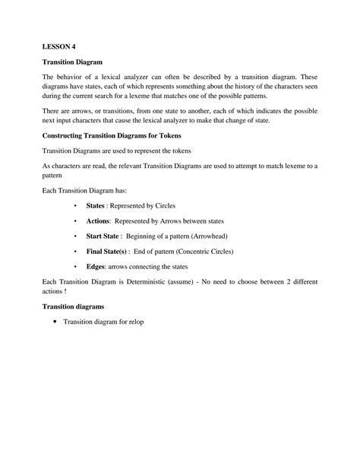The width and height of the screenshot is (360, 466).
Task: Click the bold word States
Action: coord(94,204)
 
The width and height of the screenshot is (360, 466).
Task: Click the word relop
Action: coord(134,322)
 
